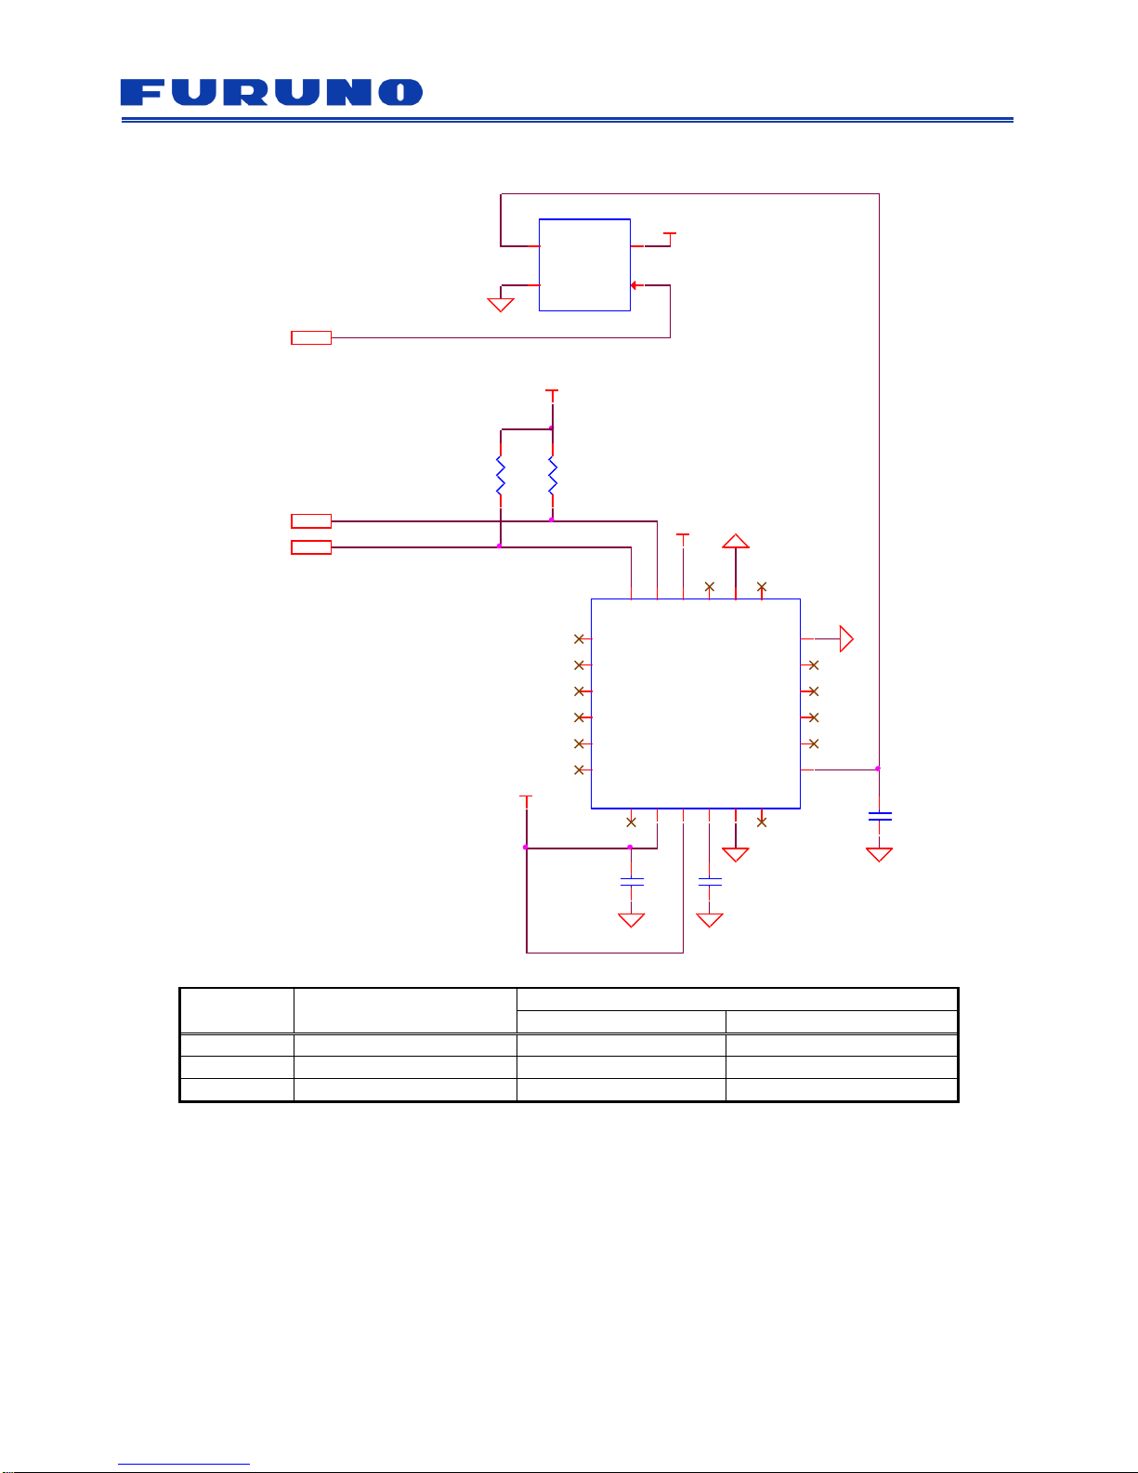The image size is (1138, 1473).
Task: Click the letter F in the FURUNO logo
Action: click(x=142, y=92)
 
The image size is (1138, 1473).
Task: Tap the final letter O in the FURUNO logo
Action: click(x=400, y=92)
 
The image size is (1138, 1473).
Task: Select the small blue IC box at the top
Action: click(x=584, y=265)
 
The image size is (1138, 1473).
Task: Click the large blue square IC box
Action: click(x=696, y=704)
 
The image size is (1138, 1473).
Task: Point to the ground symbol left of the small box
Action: click(x=501, y=305)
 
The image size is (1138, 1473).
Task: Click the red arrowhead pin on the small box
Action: click(x=634, y=285)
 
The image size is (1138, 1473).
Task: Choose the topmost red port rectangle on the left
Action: click(x=311, y=337)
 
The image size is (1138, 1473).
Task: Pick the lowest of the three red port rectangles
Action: click(x=311, y=547)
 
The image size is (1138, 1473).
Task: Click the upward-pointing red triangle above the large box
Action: click(x=736, y=541)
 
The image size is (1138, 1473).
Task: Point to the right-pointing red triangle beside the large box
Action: click(x=846, y=638)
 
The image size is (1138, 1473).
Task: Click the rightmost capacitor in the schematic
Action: click(x=879, y=816)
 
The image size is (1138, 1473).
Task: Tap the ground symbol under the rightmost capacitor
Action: click(x=879, y=855)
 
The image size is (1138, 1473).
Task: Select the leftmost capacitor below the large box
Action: click(x=632, y=882)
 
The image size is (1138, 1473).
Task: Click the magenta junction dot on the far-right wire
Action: click(x=878, y=769)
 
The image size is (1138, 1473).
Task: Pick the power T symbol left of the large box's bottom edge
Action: click(x=526, y=801)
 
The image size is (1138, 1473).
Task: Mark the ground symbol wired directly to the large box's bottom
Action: click(x=736, y=855)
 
